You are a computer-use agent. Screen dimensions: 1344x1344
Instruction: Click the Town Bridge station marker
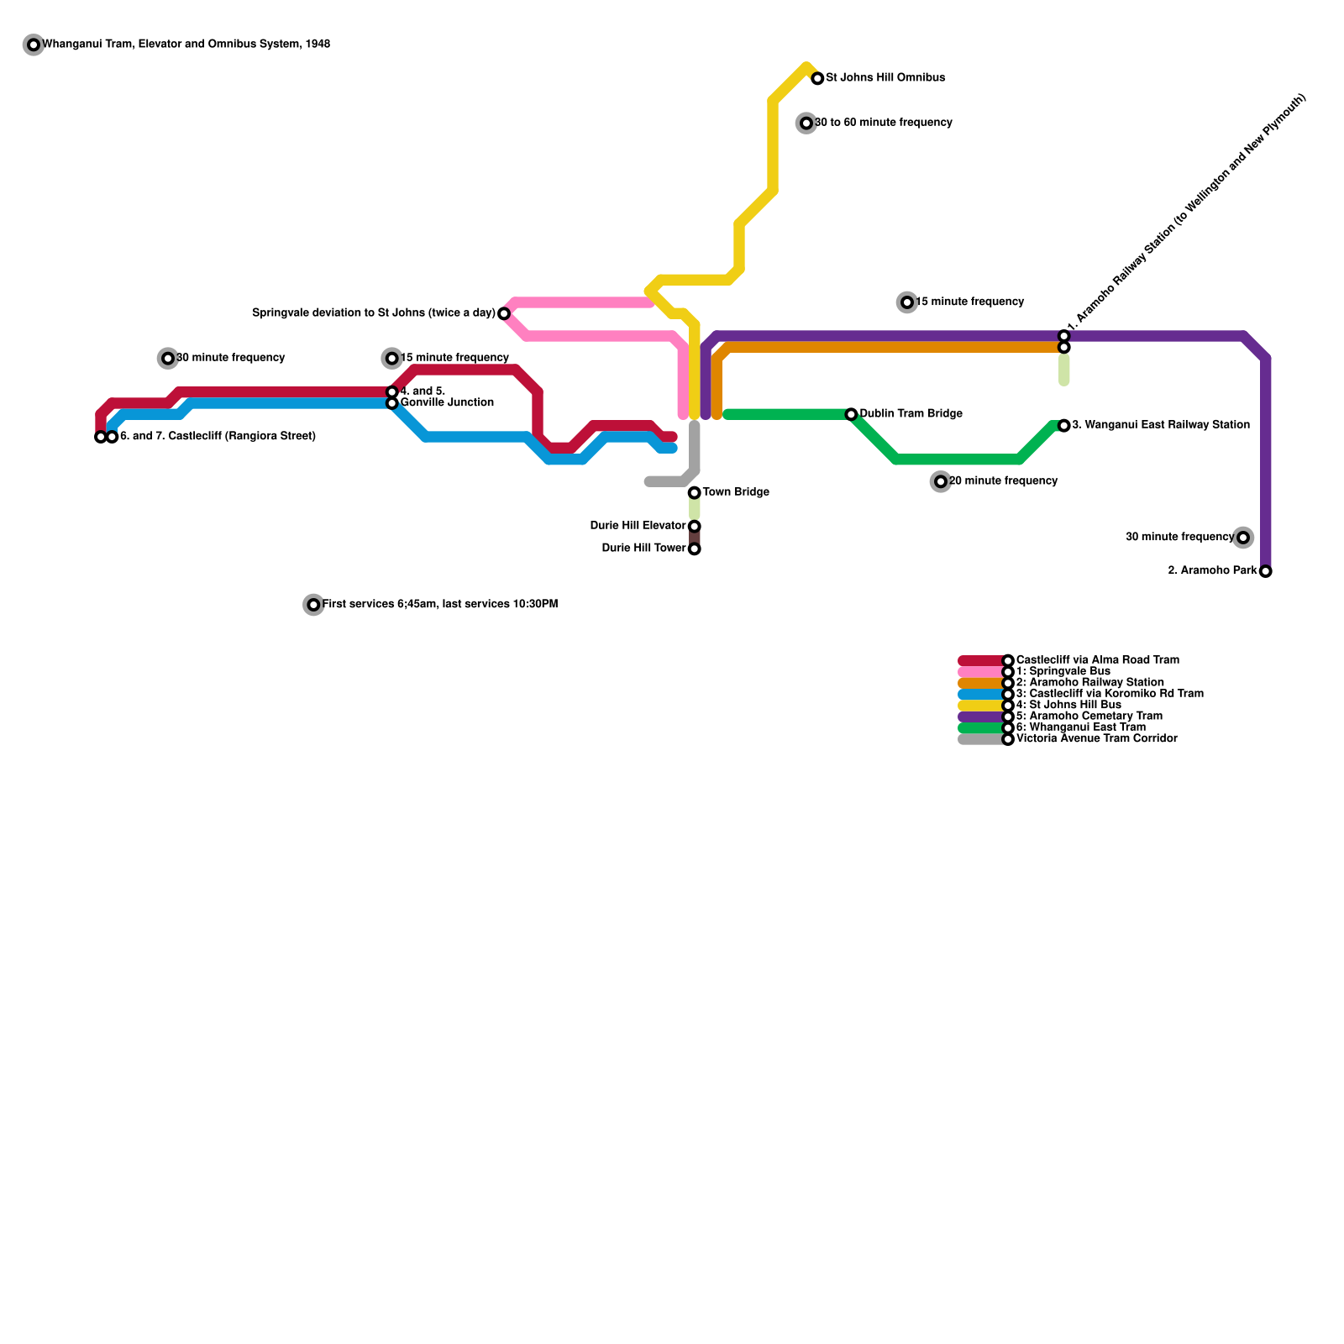pos(694,493)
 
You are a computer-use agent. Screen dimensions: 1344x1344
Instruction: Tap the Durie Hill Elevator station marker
pos(694,527)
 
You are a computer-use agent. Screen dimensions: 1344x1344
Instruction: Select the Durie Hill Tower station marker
pos(694,549)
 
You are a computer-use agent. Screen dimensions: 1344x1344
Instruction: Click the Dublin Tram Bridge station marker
pos(851,414)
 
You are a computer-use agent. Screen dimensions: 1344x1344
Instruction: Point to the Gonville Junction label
pos(447,403)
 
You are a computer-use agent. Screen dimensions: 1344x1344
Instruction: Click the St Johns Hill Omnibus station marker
pos(817,79)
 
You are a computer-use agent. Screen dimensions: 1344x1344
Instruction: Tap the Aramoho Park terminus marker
pos(1265,571)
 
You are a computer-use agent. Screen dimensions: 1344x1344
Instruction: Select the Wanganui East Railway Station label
pos(1161,425)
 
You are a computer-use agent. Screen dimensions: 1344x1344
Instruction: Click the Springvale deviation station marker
pos(504,314)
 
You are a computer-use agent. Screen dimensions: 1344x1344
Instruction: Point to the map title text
pos(186,45)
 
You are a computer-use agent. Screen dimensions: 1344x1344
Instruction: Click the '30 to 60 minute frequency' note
pos(883,123)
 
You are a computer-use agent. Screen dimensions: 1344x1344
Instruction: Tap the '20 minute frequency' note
pos(1003,481)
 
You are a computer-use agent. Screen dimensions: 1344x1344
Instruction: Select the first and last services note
pos(439,605)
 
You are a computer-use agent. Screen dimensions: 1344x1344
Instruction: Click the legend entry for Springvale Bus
pos(1063,672)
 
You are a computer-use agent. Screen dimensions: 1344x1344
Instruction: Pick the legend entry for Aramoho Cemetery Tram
pos(1089,717)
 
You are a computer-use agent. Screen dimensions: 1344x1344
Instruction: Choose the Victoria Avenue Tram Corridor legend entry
pos(1096,739)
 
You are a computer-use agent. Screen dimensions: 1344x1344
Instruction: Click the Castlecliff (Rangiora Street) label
pos(218,437)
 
